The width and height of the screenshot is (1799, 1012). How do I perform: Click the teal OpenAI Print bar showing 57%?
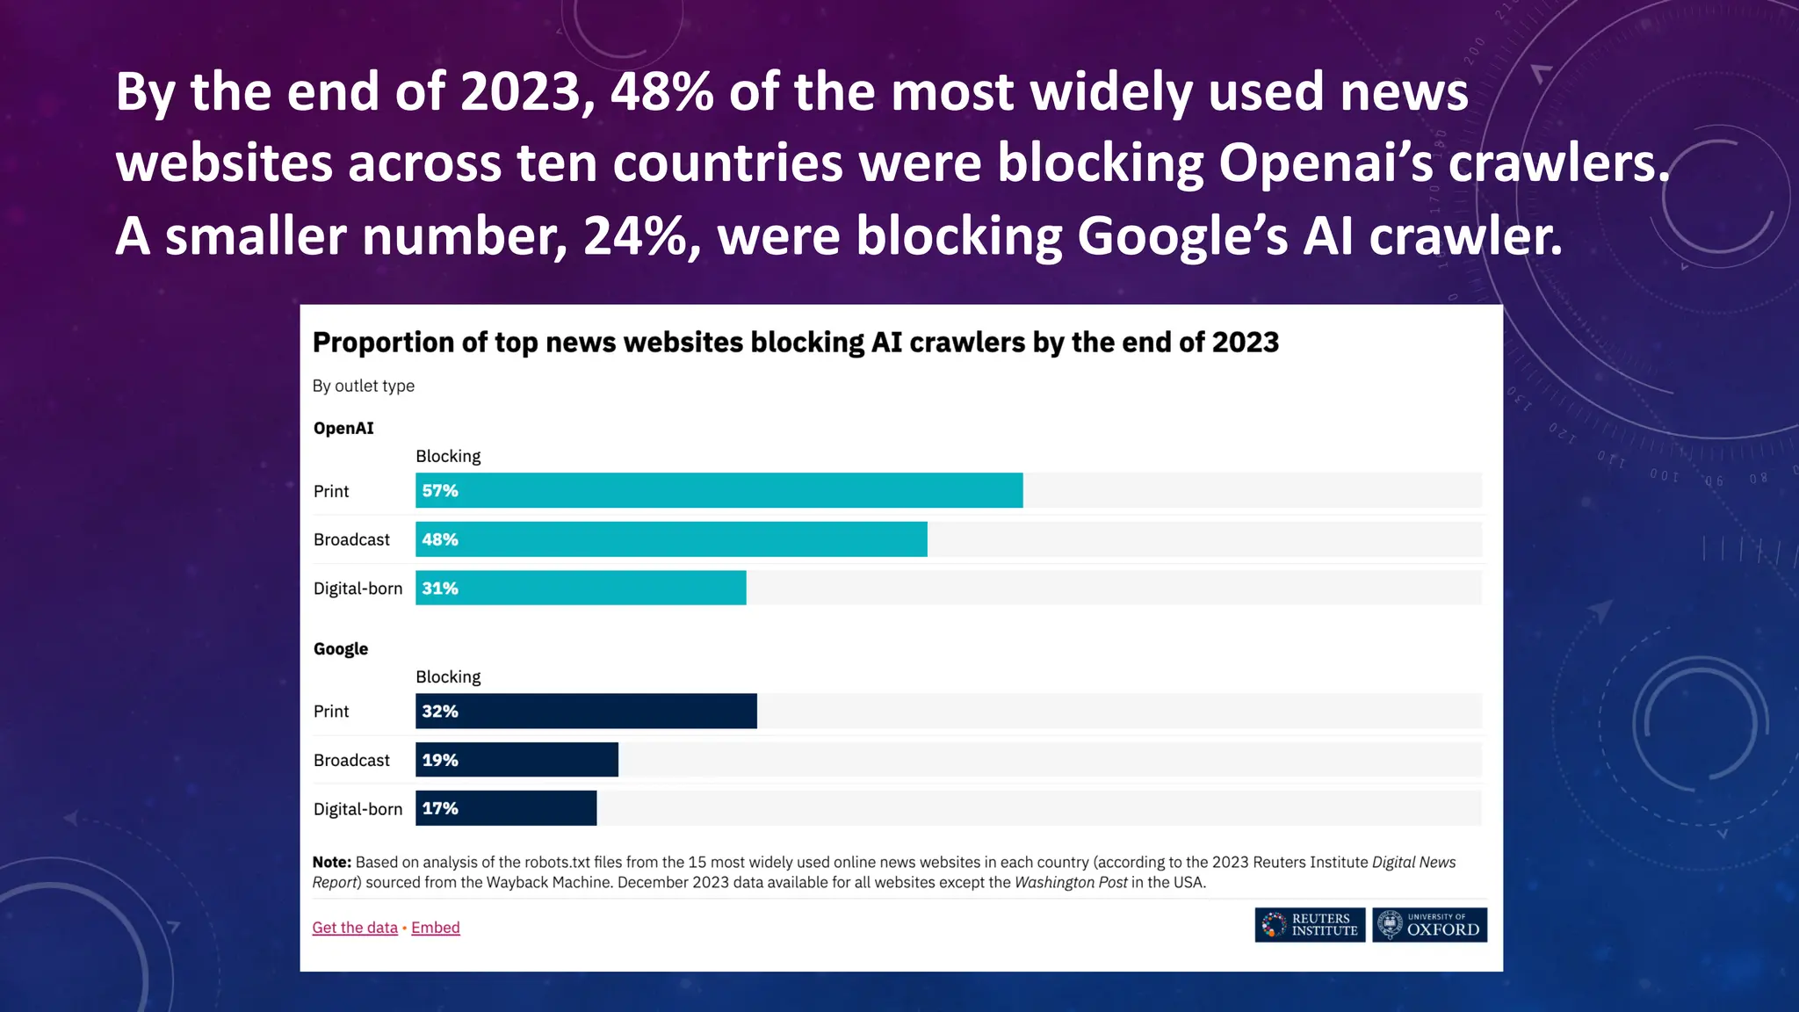[x=719, y=490]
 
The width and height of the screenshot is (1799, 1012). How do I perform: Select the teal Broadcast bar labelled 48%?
[x=671, y=539]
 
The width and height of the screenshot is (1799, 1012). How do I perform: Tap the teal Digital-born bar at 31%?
[x=581, y=588]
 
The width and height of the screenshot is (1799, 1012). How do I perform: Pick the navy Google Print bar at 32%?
[x=586, y=711]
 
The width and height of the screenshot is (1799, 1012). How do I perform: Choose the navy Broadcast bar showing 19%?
[x=517, y=760]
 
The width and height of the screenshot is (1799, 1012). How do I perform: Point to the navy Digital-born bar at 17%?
[x=506, y=808]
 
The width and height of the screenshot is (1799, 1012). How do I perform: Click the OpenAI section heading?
[x=343, y=428]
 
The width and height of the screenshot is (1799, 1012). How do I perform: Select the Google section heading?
[x=341, y=649]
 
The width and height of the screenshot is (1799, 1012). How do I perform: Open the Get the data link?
[x=355, y=928]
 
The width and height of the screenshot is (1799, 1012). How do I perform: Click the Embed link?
[x=436, y=928]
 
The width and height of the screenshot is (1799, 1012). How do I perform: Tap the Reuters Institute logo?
[x=1310, y=925]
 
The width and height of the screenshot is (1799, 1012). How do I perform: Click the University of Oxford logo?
[x=1429, y=925]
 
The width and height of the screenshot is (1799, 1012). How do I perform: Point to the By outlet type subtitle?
[x=364, y=386]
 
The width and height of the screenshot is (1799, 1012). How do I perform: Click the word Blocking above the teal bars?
[x=448, y=456]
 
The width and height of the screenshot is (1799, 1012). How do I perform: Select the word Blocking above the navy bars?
[x=448, y=676]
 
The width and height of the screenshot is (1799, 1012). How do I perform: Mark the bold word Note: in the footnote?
[x=332, y=863]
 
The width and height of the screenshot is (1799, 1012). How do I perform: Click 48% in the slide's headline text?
[x=661, y=91]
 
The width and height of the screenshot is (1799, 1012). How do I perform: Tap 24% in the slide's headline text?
[x=641, y=235]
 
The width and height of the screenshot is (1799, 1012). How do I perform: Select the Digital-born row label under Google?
[x=358, y=809]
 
